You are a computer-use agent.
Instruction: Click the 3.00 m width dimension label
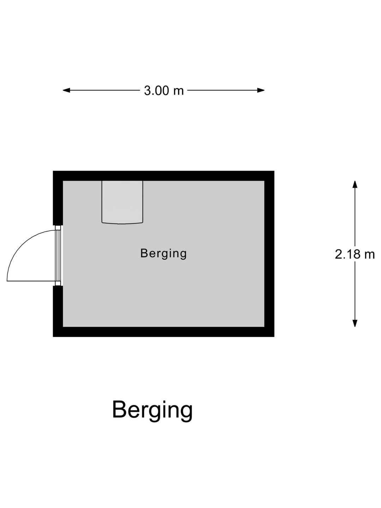point(164,91)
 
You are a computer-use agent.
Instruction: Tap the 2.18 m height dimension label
point(355,254)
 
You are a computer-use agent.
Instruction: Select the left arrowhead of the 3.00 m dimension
point(66,90)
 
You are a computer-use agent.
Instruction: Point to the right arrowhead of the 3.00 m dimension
point(261,90)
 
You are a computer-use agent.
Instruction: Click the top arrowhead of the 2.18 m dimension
point(355,184)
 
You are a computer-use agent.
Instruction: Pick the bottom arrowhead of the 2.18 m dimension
point(355,323)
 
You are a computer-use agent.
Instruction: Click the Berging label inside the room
point(163,254)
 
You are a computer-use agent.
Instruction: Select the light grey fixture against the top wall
point(122,202)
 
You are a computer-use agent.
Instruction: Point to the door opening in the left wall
point(58,255)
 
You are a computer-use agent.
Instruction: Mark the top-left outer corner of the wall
point(53,171)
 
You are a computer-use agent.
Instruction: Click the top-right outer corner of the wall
point(274,171)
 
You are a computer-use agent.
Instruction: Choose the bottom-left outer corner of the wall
point(53,337)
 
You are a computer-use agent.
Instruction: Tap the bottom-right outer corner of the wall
point(274,337)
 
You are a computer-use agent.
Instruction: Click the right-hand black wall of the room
point(269,254)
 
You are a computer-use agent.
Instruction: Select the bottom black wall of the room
point(164,332)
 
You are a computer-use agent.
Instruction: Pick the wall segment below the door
point(58,311)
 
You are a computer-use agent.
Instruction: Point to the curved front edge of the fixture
point(122,223)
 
